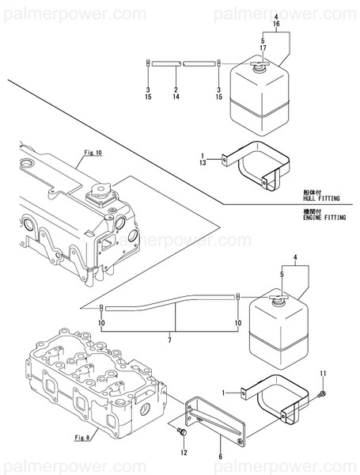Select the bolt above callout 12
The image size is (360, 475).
[x=181, y=432]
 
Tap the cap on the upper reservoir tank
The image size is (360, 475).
[x=260, y=69]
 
